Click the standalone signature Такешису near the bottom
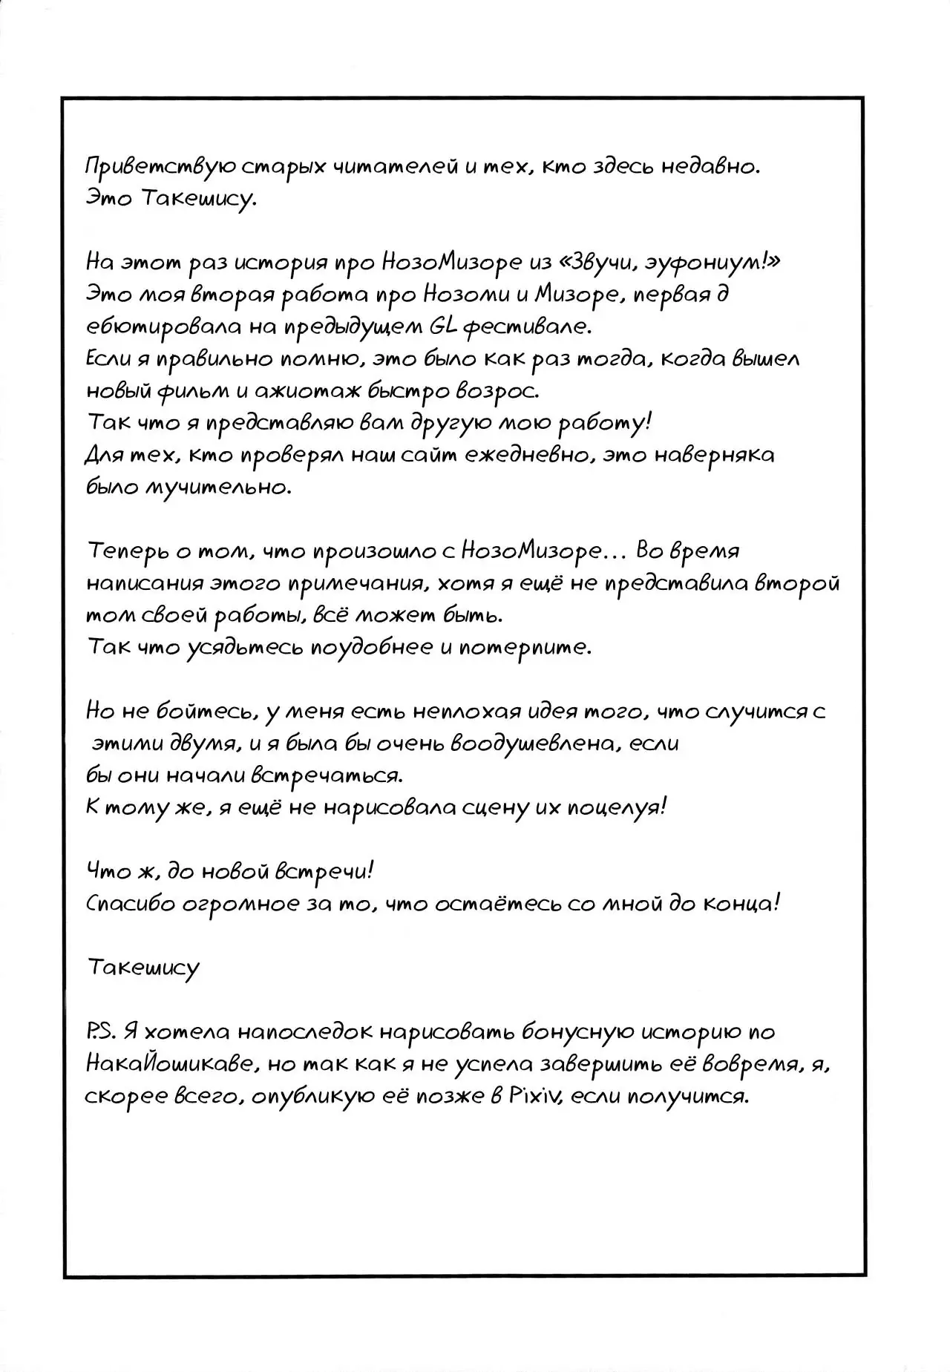142,968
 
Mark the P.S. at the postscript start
102,1031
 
